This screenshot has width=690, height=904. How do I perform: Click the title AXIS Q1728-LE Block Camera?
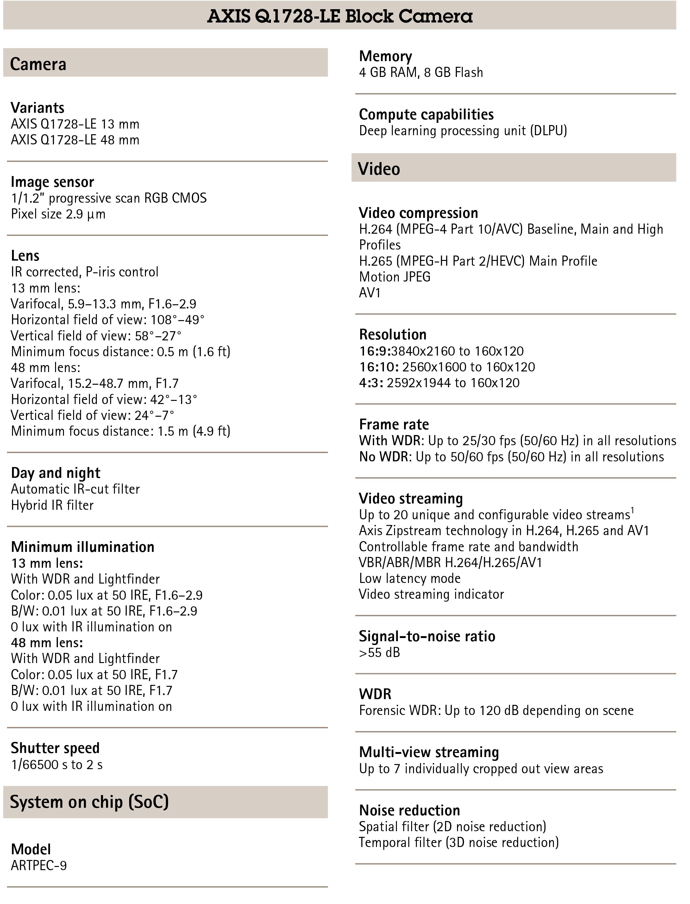click(340, 16)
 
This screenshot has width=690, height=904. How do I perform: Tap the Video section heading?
click(379, 169)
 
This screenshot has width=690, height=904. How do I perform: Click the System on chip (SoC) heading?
click(89, 802)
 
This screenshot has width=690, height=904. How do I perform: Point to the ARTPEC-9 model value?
click(39, 865)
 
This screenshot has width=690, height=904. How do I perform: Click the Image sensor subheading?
click(52, 182)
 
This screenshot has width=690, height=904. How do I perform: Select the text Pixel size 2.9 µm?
click(58, 214)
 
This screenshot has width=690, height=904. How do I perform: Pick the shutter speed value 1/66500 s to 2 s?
click(57, 765)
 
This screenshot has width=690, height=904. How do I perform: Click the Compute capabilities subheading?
click(426, 115)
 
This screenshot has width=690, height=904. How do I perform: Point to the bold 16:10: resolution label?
click(379, 367)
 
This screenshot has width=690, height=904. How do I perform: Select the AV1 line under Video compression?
click(370, 293)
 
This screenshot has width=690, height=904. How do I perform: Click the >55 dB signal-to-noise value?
click(379, 653)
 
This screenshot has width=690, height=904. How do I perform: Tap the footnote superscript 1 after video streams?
click(632, 511)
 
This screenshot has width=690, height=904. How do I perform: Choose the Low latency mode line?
click(410, 578)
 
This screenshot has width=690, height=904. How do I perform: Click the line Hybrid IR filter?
click(52, 505)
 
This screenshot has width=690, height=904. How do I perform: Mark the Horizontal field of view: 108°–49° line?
click(108, 320)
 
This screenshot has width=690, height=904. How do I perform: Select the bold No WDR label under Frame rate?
click(385, 457)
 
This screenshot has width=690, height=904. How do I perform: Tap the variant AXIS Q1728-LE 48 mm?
click(75, 140)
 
